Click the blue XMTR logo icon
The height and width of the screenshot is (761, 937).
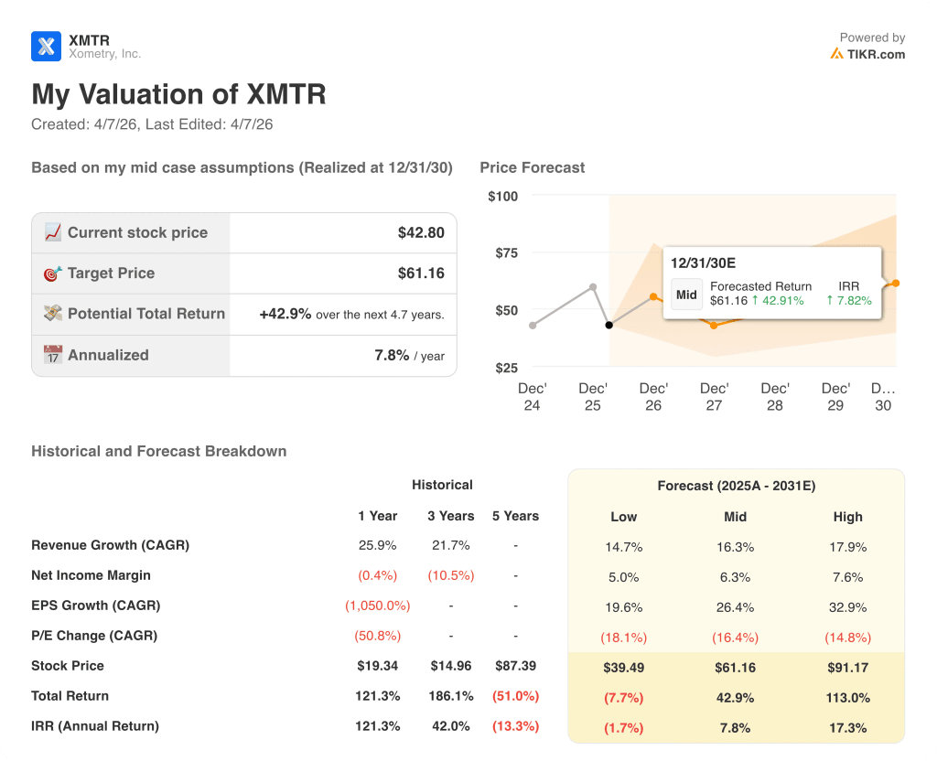(46, 46)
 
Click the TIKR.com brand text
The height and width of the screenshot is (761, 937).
(874, 54)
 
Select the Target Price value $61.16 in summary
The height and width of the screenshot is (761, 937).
(421, 273)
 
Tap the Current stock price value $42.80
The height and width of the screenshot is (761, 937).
(421, 232)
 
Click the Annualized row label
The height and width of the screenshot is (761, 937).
(107, 355)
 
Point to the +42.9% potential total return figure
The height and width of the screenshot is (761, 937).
(285, 314)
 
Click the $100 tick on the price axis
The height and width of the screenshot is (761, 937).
(502, 196)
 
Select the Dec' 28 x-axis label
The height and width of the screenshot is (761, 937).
(774, 396)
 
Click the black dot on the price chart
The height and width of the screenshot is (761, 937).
(609, 325)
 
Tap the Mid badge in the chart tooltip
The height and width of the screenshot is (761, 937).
(686, 295)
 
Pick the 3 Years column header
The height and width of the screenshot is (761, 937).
(450, 516)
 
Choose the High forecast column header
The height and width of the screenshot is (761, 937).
(847, 517)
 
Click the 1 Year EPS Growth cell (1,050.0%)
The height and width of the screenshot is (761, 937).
(377, 606)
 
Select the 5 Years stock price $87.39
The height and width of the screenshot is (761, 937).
(515, 666)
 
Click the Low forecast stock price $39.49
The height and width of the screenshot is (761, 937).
(623, 668)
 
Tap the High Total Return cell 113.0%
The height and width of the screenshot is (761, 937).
(847, 698)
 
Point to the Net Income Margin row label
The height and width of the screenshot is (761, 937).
(91, 575)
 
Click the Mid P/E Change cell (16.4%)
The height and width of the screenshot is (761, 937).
(735, 637)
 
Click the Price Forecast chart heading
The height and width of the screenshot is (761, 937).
(532, 167)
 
